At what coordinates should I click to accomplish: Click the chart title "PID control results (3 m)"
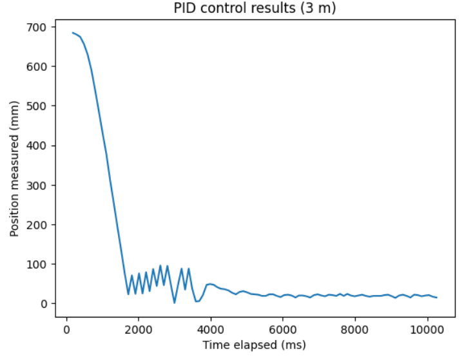click(255, 9)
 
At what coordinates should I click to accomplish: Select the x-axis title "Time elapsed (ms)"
click(254, 345)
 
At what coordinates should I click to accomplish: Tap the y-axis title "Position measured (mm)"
click(15, 169)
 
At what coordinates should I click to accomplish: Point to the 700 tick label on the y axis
click(36, 27)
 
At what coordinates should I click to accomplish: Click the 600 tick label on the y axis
click(36, 66)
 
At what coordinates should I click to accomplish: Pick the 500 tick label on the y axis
click(36, 106)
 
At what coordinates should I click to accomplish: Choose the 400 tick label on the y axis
click(36, 146)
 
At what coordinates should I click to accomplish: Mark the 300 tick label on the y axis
click(36, 185)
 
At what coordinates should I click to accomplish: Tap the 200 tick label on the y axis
click(36, 225)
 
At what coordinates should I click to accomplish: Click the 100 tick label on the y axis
click(36, 264)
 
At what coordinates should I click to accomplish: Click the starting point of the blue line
click(73, 33)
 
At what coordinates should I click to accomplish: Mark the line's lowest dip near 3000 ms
click(174, 303)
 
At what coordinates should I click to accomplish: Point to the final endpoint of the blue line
click(436, 298)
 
